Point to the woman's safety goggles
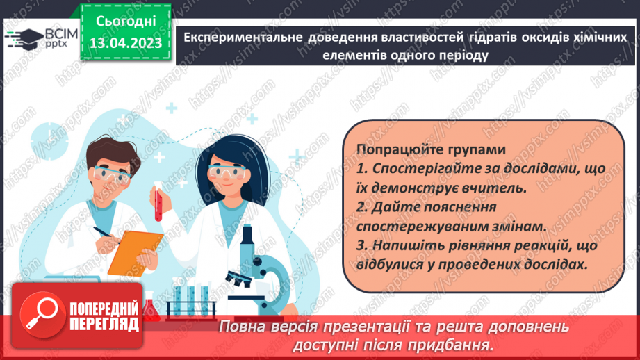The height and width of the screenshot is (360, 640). coord(229,170)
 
